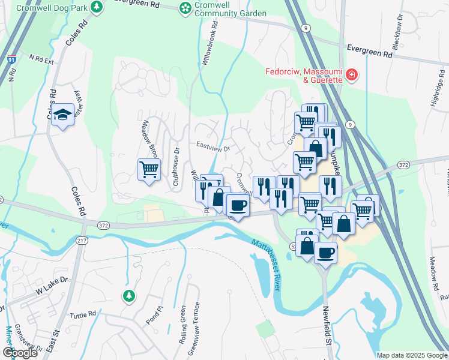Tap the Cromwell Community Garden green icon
point(186,8)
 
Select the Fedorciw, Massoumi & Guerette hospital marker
point(351,76)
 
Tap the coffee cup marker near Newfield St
point(325,252)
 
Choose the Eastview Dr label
point(214,145)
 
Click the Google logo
point(20,353)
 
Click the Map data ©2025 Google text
point(412,355)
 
